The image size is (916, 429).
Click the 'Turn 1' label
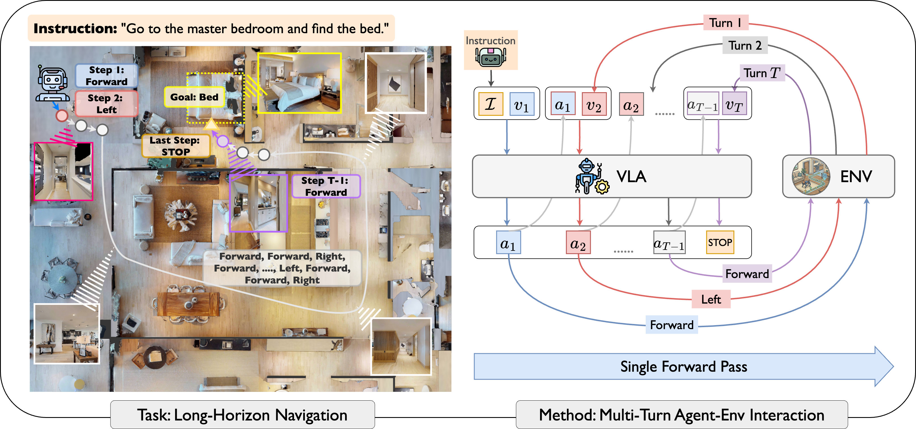pyautogui.click(x=726, y=23)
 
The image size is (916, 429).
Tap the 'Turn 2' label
pyautogui.click(x=745, y=46)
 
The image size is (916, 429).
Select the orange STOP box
pyautogui.click(x=720, y=242)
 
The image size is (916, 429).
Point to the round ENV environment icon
pyautogui.click(x=811, y=176)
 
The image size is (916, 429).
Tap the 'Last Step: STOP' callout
pyautogui.click(x=176, y=146)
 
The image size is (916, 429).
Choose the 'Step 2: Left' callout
pyautogui.click(x=106, y=104)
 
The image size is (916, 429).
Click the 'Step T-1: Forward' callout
pyautogui.click(x=326, y=186)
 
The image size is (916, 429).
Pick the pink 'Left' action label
pyautogui.click(x=711, y=299)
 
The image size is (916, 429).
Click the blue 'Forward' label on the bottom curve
pyautogui.click(x=672, y=325)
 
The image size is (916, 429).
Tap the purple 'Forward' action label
pyautogui.click(x=747, y=274)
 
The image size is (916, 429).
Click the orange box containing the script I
pyautogui.click(x=491, y=104)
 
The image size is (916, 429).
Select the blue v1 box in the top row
pyautogui.click(x=522, y=104)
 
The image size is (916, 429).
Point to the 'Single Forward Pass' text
pyautogui.click(x=683, y=367)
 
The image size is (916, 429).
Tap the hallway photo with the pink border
pyautogui.click(x=63, y=172)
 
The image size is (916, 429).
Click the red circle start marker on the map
pyautogui.click(x=62, y=116)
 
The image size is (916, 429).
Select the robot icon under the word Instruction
pyautogui.click(x=491, y=57)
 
